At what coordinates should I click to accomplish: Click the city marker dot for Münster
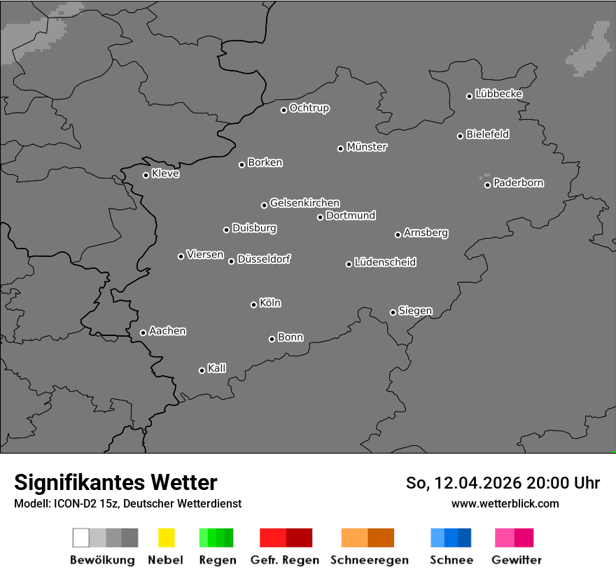click(340, 148)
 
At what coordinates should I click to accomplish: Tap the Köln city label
click(270, 303)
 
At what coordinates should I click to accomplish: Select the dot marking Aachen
click(143, 332)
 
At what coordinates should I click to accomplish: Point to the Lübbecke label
click(498, 94)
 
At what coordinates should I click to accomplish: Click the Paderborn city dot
click(487, 185)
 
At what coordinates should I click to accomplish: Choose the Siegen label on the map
click(415, 311)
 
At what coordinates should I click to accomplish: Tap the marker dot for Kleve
click(146, 175)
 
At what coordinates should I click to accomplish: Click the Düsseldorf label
click(264, 259)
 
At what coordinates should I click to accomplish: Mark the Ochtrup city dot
click(283, 110)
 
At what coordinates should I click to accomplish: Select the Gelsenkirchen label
click(304, 203)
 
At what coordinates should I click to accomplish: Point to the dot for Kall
click(202, 370)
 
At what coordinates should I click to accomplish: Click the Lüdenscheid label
click(385, 262)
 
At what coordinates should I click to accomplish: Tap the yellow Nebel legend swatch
click(166, 538)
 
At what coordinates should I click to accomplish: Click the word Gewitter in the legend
click(517, 560)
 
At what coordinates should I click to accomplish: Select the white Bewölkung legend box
click(80, 538)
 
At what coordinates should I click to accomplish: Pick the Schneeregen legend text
click(370, 560)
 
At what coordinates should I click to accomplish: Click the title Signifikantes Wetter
click(115, 482)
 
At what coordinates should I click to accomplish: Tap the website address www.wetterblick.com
click(505, 503)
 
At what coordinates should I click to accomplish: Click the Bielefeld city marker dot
click(460, 136)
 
